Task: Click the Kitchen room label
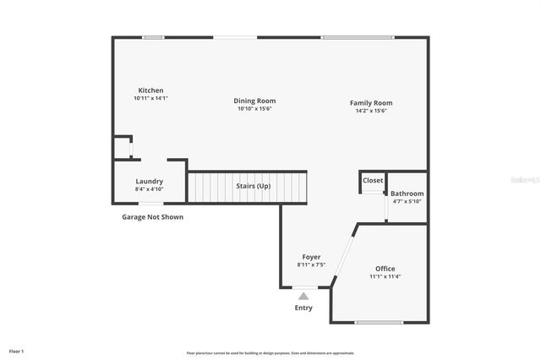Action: click(150, 90)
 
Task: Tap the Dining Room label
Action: click(254, 101)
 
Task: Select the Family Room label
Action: click(371, 103)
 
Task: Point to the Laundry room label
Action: click(149, 181)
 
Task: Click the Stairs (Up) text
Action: click(254, 185)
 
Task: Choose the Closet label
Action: click(373, 180)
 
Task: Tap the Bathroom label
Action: click(407, 194)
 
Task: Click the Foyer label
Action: click(311, 257)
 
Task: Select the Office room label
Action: click(385, 269)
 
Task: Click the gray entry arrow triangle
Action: click(303, 296)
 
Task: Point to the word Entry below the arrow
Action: click(303, 308)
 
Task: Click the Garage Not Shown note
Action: click(152, 217)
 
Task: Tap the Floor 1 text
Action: click(17, 351)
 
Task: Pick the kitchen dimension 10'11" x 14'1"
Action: click(150, 99)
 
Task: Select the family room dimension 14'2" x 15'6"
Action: click(371, 111)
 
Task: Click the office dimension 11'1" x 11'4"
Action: click(385, 276)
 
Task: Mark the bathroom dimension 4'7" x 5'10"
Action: click(407, 201)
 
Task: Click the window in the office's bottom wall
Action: click(378, 322)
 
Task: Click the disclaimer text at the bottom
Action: click(270, 352)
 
